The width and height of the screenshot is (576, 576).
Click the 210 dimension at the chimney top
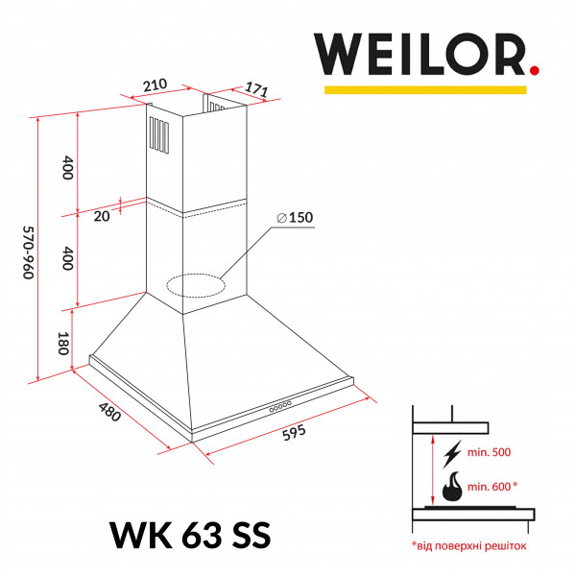[156, 84]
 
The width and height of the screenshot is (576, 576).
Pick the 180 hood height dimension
[64, 344]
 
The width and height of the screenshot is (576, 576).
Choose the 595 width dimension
[294, 433]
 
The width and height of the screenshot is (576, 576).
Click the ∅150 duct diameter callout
[295, 218]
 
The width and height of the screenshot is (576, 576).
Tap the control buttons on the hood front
[281, 407]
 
